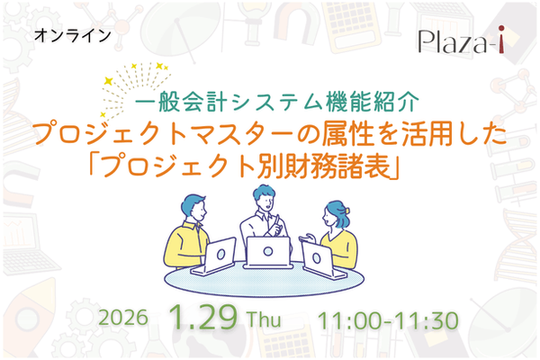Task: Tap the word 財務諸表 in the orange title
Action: coord(340,167)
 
